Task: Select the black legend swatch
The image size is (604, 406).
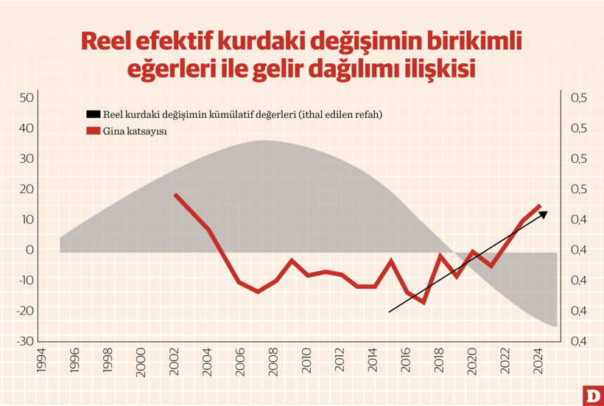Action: [93, 114]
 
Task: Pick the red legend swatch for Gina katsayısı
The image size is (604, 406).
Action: [93, 131]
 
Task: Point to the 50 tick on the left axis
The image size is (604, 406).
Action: [26, 98]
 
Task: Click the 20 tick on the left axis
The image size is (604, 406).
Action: [26, 189]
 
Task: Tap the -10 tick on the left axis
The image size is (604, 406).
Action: [24, 281]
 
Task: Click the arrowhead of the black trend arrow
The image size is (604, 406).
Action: [545, 213]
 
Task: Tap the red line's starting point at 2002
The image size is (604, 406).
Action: [175, 195]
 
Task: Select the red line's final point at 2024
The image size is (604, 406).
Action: [540, 206]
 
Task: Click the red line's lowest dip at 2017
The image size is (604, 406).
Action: [424, 302]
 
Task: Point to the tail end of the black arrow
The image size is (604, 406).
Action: [390, 312]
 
